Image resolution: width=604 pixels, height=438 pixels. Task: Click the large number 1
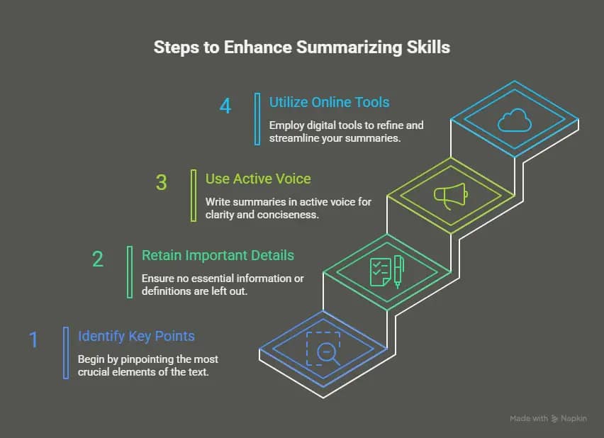[x=33, y=339]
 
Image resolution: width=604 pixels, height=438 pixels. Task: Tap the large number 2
[x=98, y=259]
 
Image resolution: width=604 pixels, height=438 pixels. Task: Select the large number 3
[x=162, y=182]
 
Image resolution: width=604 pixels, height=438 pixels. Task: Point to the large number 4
[x=225, y=106]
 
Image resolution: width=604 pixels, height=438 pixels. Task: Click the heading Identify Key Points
[x=136, y=336]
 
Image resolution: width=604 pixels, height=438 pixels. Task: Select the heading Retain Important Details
[x=218, y=255]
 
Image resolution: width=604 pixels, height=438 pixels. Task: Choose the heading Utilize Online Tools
[x=329, y=102]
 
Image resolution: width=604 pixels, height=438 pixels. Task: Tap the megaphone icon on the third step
[x=451, y=195]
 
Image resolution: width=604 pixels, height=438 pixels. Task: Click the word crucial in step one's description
[x=95, y=371]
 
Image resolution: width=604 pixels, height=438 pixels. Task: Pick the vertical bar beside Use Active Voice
[x=194, y=195]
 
